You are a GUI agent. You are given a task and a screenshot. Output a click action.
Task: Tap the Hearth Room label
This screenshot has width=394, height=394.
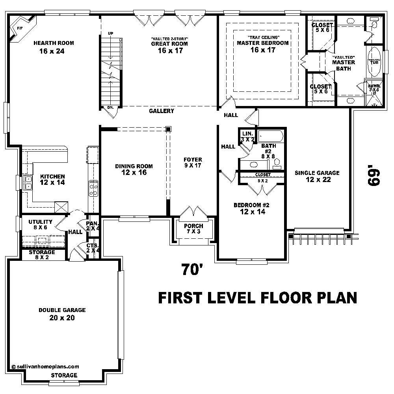click(x=54, y=43)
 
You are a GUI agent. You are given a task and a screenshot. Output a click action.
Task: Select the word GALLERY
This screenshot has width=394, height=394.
click(x=162, y=111)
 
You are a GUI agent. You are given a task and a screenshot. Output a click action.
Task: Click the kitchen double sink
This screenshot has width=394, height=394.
click(x=29, y=182)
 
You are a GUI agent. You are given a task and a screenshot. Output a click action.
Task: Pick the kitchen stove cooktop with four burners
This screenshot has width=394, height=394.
click(x=93, y=188)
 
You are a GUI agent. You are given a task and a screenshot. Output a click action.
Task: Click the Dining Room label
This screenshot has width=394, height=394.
click(x=134, y=166)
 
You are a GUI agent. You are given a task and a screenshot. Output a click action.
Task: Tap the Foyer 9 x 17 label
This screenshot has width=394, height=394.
click(x=193, y=163)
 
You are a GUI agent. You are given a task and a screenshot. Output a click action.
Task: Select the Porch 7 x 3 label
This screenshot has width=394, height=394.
click(x=193, y=229)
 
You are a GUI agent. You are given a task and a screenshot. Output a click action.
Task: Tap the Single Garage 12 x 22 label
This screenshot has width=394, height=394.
click(x=317, y=176)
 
